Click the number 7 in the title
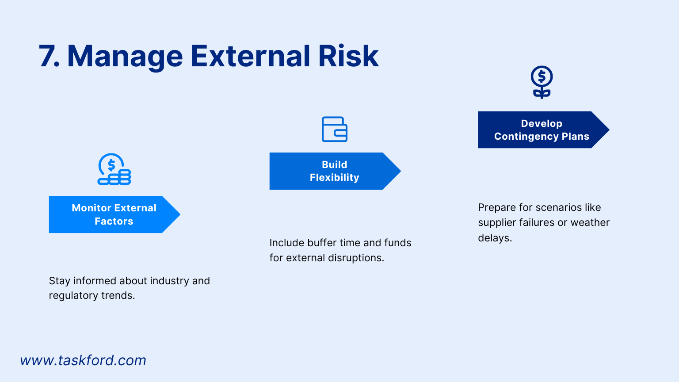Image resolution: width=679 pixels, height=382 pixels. [48, 57]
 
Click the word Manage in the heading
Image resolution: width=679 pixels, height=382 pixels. [125, 57]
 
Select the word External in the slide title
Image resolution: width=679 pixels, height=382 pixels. [250, 57]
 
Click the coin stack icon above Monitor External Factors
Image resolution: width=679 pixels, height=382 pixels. [114, 169]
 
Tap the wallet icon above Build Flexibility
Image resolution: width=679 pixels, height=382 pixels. [335, 129]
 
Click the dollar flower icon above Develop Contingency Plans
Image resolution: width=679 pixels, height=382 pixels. [542, 82]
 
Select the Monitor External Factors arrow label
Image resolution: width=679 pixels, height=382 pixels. [114, 214]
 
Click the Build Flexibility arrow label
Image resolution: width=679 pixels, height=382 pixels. [334, 171]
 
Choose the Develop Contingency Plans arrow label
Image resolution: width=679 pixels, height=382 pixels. [542, 130]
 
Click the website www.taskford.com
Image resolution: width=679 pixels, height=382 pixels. [83, 360]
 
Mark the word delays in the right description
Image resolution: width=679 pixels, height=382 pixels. [494, 238]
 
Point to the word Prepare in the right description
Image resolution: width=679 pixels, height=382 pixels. [497, 207]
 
